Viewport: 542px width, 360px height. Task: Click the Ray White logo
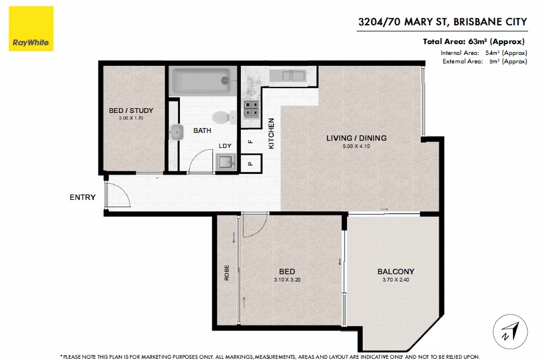tap(31, 29)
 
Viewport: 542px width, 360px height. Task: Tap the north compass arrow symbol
tap(510, 331)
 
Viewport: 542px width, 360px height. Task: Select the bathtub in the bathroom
tap(203, 81)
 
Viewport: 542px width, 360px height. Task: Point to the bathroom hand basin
tap(177, 132)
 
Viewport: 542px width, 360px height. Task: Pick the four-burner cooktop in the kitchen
tap(251, 109)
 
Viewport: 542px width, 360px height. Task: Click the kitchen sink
tap(287, 76)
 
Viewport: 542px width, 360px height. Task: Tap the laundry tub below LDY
tap(226, 162)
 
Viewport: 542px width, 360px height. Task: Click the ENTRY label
tap(82, 197)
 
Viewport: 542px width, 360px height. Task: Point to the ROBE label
tap(227, 272)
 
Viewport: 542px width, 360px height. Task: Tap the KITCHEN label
tap(272, 133)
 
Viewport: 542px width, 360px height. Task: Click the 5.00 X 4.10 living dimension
tap(356, 146)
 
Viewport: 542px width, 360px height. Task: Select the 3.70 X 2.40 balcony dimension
tap(395, 280)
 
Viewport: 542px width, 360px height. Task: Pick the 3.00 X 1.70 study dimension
tap(130, 118)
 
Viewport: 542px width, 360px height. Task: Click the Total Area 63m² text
tap(474, 42)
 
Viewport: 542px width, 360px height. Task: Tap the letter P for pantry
tap(250, 164)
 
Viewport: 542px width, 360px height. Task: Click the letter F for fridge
tap(250, 141)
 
